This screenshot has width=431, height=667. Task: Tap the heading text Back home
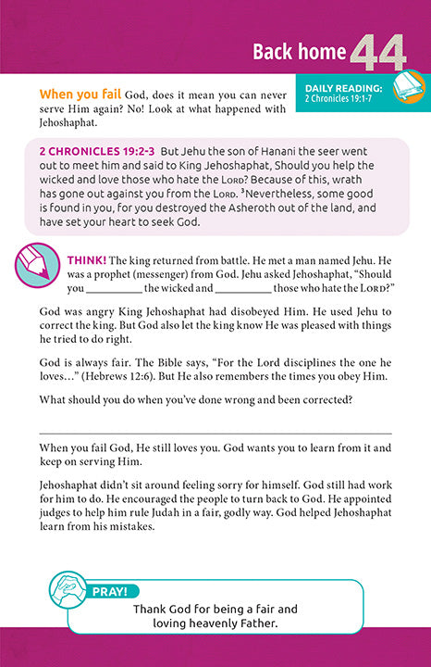coord(300,52)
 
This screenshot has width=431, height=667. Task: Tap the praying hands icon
coord(68,593)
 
